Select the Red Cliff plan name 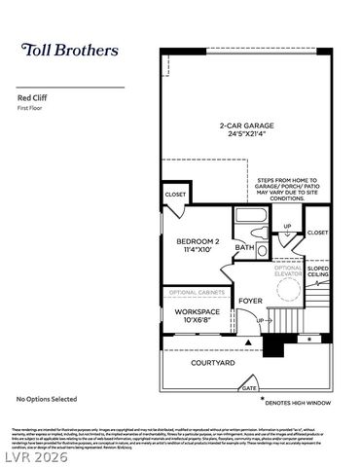point(33,98)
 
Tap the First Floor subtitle point(33,109)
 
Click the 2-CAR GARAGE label point(245,125)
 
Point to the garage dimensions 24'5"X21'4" point(245,134)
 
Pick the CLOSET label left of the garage point(175,195)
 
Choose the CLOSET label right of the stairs point(317,233)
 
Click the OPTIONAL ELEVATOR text point(289,270)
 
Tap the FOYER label point(250,301)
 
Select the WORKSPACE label point(197,311)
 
